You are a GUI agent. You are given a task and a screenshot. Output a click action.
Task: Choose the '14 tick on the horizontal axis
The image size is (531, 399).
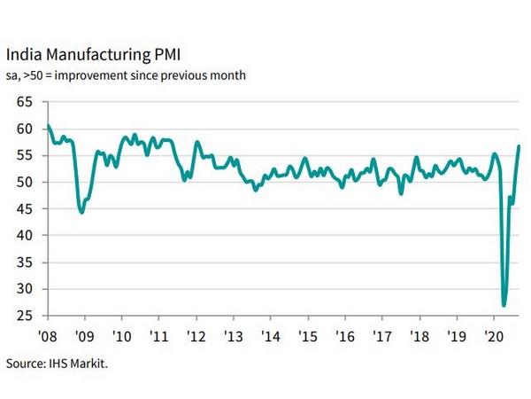(x=271, y=337)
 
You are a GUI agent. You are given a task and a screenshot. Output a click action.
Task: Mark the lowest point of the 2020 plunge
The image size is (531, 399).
(x=504, y=305)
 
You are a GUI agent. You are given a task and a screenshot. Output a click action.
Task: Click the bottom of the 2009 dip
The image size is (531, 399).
(x=81, y=213)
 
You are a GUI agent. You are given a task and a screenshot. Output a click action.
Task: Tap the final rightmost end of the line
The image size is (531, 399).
(x=519, y=146)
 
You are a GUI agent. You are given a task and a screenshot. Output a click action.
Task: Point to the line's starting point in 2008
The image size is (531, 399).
(x=48, y=126)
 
